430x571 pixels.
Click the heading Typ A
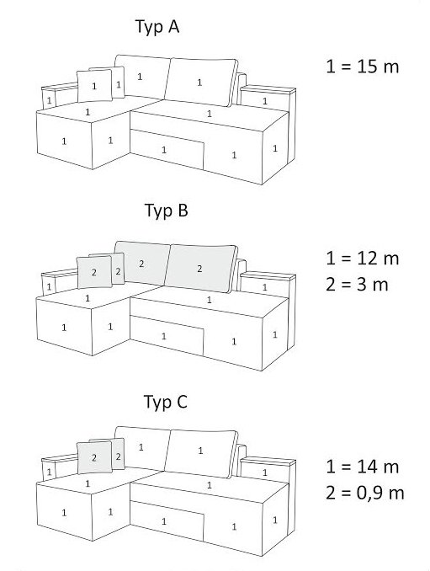(x=157, y=27)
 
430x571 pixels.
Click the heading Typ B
(x=167, y=211)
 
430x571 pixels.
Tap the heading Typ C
(x=166, y=403)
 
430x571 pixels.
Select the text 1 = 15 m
(x=363, y=67)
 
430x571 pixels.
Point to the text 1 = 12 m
(x=363, y=259)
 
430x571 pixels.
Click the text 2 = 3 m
(x=357, y=285)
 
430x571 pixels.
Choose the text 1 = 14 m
(x=363, y=467)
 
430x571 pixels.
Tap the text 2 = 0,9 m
(x=365, y=493)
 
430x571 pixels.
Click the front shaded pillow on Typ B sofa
(x=94, y=272)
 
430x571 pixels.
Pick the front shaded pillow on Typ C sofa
(x=94, y=457)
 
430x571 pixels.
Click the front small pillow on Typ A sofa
(x=94, y=86)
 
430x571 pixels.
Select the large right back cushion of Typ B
(x=200, y=269)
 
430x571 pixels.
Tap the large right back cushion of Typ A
(x=200, y=83)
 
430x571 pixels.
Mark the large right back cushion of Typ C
(x=200, y=454)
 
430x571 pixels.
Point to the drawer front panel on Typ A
(x=167, y=149)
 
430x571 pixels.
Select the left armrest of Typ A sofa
(x=58, y=96)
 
